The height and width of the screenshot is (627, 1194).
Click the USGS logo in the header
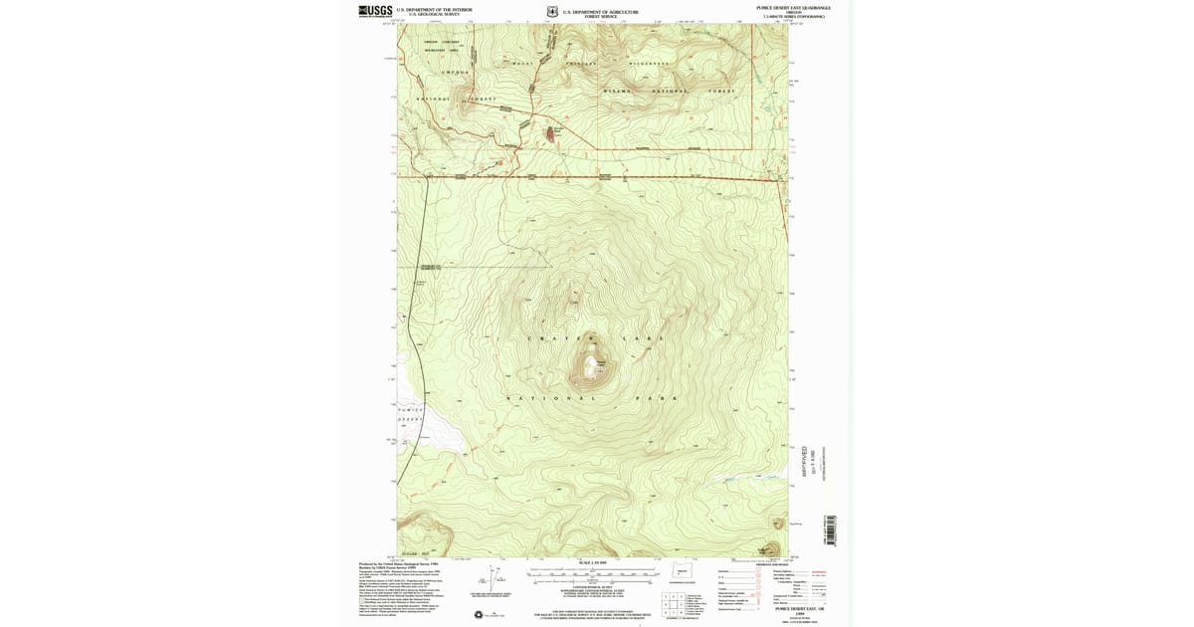pyautogui.click(x=374, y=11)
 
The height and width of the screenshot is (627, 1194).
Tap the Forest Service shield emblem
pyautogui.click(x=552, y=12)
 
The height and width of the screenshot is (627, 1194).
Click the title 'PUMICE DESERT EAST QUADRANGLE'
pyautogui.click(x=793, y=8)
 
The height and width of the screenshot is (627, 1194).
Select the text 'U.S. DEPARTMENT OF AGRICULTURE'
pyautogui.click(x=601, y=11)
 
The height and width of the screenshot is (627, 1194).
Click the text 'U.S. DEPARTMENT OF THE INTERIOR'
pyautogui.click(x=434, y=9)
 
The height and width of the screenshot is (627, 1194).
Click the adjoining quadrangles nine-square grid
pyautogui.click(x=675, y=604)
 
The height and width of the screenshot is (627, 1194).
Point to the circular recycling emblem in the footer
pyautogui.click(x=479, y=614)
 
